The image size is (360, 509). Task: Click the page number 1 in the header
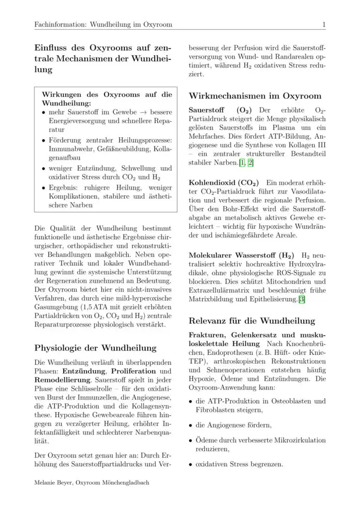pos(324,24)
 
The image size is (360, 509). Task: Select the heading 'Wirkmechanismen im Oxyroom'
pos(255,96)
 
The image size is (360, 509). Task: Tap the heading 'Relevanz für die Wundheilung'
pos(252,321)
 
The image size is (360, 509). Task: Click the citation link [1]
pos(242,163)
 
